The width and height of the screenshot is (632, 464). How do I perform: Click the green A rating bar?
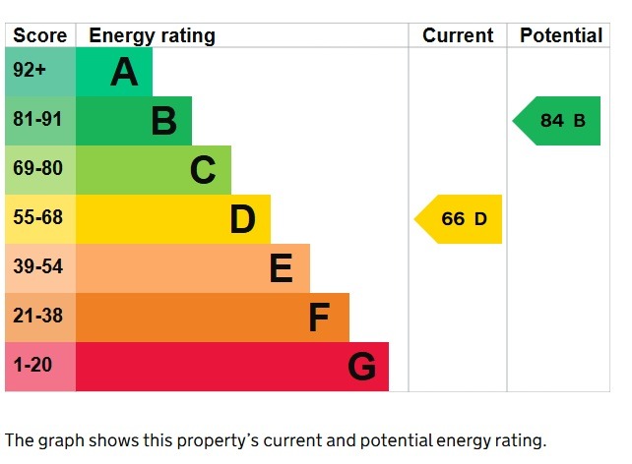pos(114,72)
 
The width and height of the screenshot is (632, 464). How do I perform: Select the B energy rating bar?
pos(134,121)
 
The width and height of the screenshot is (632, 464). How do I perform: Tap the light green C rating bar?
pos(154,170)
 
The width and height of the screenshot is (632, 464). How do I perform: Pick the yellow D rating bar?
pos(173,219)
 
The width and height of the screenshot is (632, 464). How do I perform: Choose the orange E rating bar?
pos(193,268)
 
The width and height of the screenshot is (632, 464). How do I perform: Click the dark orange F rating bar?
pos(213,318)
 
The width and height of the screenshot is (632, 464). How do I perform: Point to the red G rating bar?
pos(232,367)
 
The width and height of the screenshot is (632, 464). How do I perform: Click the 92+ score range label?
pos(30,72)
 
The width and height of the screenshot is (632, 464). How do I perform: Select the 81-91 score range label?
pos(36,120)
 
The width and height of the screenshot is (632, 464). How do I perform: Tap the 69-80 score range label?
pos(36,169)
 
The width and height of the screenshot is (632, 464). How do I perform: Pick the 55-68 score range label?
pos(36,218)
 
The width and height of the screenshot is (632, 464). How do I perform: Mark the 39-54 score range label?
pos(36,266)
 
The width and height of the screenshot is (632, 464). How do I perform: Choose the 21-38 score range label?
pos(36,316)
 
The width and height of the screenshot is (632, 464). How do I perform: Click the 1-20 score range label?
pos(32,365)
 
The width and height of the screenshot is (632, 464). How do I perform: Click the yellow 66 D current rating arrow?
pos(461,219)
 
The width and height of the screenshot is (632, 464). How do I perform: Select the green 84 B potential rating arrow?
pos(559,121)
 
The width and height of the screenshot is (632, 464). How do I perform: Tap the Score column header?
pos(40,36)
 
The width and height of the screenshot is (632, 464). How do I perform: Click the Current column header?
pos(458,36)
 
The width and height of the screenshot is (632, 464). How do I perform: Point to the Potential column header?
pos(560,36)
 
